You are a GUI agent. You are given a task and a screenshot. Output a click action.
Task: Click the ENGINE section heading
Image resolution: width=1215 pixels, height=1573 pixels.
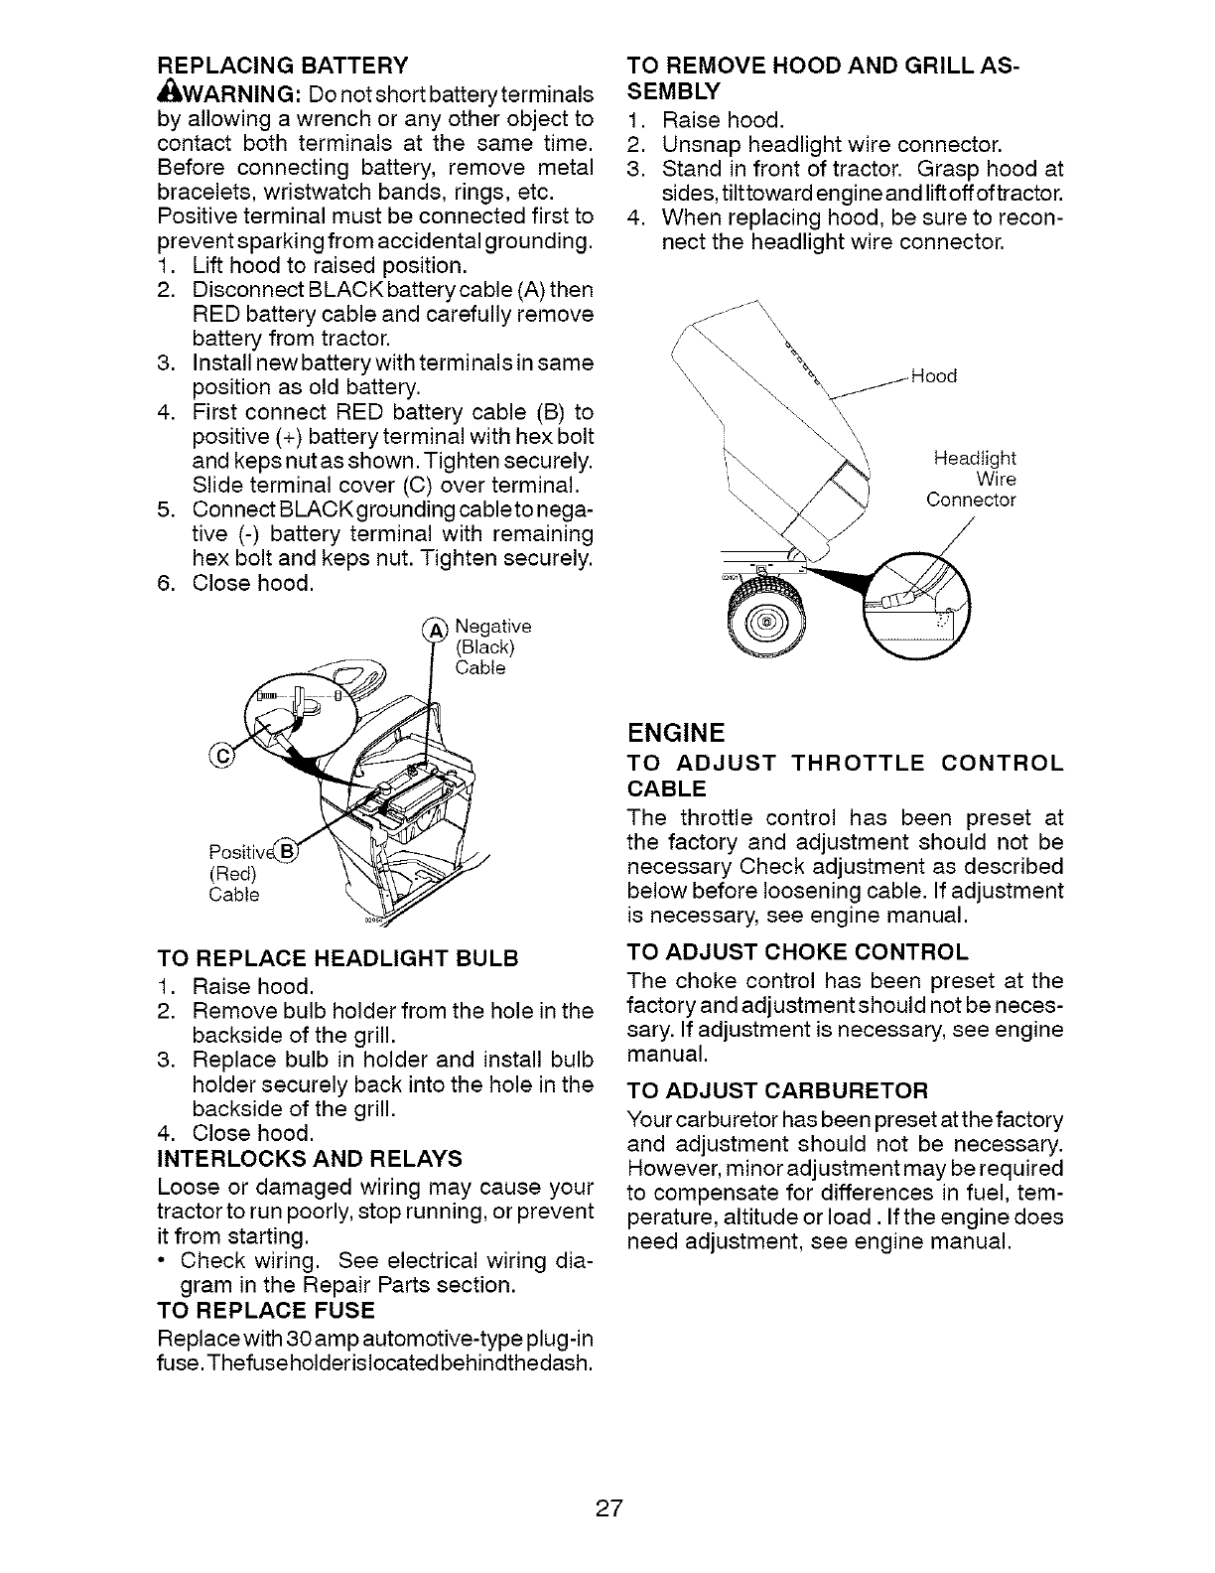[676, 733]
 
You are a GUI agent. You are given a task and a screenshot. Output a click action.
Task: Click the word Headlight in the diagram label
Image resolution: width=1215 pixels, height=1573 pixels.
[975, 459]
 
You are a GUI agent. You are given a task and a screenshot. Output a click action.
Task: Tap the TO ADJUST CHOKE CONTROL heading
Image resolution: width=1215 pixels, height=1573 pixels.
[797, 953]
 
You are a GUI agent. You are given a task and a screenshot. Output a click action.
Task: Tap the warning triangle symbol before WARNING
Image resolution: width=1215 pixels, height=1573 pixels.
[167, 93]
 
